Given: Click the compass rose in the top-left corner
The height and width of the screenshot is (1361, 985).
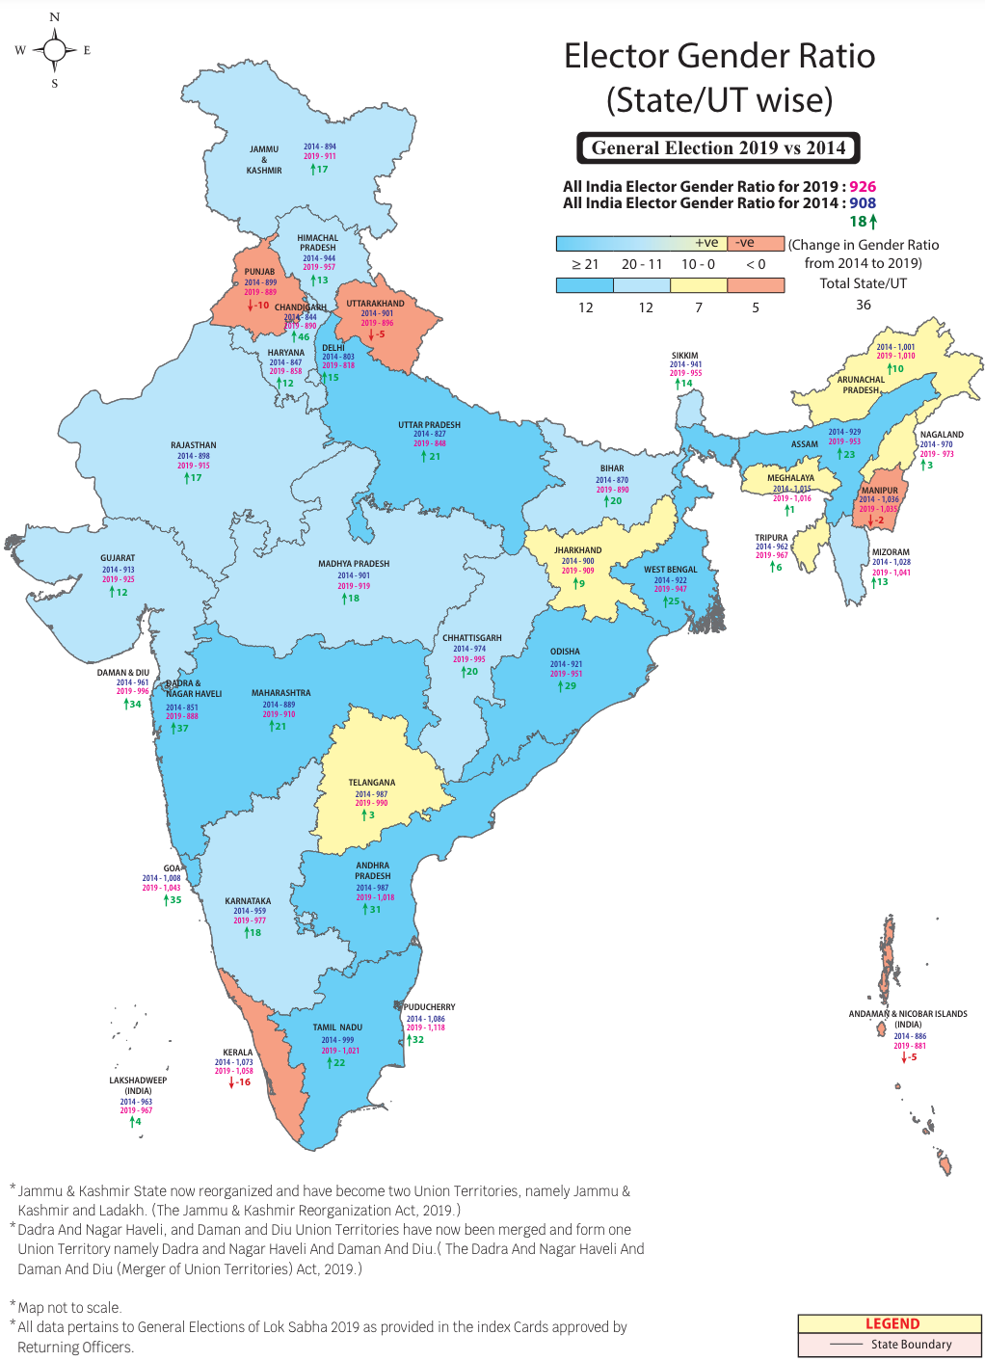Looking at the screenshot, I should point(54,50).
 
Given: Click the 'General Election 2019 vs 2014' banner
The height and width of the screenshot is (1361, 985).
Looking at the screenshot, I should point(718,147).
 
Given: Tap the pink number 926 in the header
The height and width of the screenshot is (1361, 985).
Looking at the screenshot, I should point(863,187).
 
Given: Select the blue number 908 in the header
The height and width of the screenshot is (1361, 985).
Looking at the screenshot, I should point(863,203).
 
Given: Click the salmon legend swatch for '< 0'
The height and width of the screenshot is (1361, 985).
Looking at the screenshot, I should point(756,285).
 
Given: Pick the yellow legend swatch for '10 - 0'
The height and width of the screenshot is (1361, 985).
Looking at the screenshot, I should point(699,285).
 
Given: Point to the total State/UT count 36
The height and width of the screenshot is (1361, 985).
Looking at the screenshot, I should point(864,305).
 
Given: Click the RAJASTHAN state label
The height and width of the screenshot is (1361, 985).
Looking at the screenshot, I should point(194,445).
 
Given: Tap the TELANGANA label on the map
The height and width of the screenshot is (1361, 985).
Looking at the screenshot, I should point(372,783).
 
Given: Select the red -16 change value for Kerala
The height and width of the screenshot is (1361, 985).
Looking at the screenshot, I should point(241,1082).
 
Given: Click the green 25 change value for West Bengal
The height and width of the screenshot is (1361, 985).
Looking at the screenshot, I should point(673,600).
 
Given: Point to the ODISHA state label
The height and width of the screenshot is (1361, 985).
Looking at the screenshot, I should point(565,652).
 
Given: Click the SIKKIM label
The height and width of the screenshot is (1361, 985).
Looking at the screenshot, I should point(685,356).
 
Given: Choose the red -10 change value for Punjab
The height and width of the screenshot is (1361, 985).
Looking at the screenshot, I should point(260,305).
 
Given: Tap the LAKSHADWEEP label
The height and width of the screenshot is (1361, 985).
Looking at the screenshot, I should point(138,1081).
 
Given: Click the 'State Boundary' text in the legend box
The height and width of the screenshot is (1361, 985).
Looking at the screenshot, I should point(911,1345).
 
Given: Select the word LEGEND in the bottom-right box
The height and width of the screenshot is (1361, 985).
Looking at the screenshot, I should point(892,1324).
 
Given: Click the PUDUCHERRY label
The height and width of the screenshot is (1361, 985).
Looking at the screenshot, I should point(430,1007).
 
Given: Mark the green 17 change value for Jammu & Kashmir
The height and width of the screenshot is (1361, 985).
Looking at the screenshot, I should point(321,169).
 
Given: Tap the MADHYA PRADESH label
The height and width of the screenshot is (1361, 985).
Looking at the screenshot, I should point(354,564).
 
